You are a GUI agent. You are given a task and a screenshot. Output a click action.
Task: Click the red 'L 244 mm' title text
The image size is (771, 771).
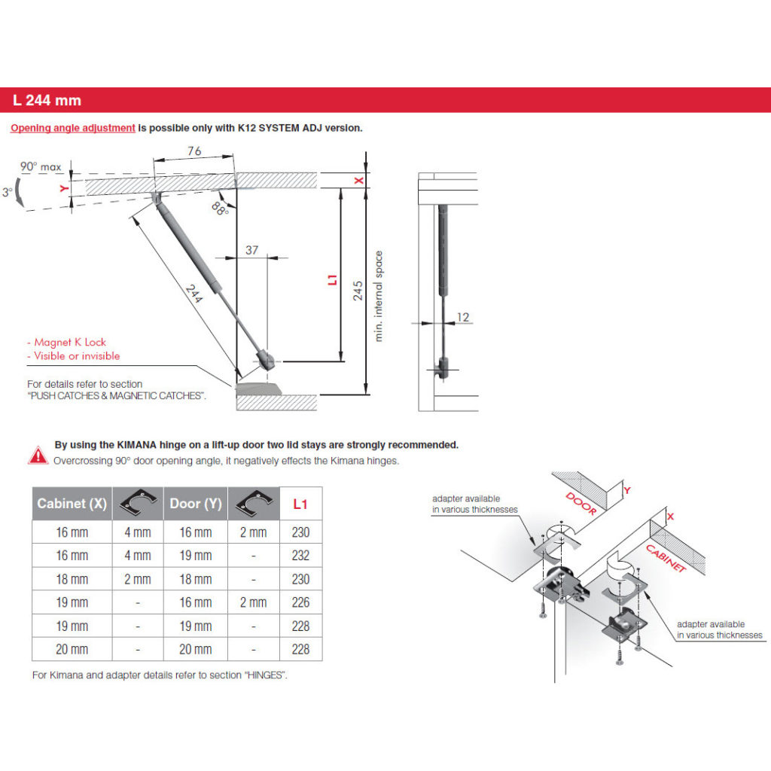(x=47, y=100)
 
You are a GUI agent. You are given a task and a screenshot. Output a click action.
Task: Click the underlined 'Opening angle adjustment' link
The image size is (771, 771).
(x=73, y=128)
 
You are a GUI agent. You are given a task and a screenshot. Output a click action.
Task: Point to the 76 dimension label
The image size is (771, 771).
(x=194, y=151)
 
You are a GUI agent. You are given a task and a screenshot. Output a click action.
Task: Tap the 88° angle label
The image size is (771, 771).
(x=220, y=207)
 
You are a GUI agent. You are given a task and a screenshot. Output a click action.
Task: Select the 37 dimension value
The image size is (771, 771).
(x=252, y=251)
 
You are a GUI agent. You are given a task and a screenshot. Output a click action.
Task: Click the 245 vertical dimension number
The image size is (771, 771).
(x=358, y=290)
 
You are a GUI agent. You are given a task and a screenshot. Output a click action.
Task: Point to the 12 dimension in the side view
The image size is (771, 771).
(x=463, y=317)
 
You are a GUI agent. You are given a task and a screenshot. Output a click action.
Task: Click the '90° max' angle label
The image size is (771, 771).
(x=41, y=166)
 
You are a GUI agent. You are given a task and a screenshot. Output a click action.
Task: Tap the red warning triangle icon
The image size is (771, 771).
(x=38, y=454)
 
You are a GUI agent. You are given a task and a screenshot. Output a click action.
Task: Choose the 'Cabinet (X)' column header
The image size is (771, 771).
(x=72, y=504)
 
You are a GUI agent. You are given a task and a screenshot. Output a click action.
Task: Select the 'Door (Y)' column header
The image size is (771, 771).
(x=196, y=504)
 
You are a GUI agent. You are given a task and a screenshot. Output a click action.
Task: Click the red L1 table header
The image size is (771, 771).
(x=301, y=504)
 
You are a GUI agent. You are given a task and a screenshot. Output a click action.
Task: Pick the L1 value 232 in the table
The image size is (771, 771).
(x=301, y=556)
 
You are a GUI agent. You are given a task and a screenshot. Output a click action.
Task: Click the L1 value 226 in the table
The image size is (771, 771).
(x=301, y=602)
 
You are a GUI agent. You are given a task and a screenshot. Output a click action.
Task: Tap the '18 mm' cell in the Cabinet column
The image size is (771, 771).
(x=72, y=579)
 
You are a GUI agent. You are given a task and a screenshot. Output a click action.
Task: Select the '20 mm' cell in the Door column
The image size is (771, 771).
(x=196, y=649)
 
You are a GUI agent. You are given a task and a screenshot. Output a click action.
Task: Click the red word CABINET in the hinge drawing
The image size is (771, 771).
(x=666, y=557)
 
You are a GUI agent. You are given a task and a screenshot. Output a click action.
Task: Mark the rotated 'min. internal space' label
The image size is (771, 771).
(x=379, y=296)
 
